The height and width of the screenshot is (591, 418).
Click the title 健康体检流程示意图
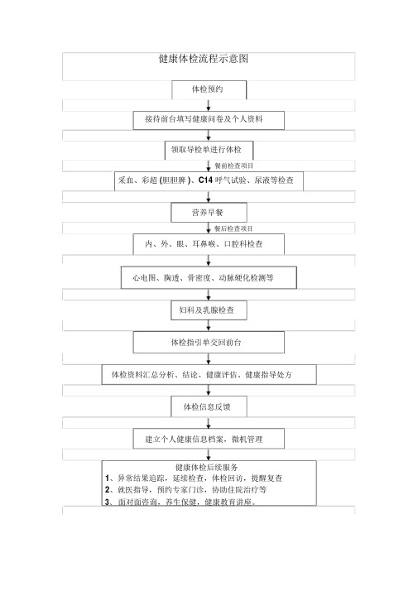coord(203,60)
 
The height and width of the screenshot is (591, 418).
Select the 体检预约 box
coord(208,89)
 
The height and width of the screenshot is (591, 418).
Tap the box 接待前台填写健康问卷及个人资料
coord(209,120)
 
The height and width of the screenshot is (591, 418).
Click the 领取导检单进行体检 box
coord(208,151)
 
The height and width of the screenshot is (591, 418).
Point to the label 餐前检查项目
coord(234,166)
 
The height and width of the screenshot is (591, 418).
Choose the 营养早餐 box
coord(208,213)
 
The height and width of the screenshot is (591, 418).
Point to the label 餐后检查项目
coord(233,228)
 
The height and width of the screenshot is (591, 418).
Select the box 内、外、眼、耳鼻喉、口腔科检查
coord(209,244)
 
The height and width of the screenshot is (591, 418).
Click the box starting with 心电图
coord(209,278)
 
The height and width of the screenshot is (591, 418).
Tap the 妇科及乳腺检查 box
coord(208,310)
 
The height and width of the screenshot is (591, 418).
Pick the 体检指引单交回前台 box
coord(209,342)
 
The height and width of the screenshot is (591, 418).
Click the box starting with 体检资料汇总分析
coord(209,375)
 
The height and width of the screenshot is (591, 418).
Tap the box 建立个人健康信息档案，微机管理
coord(209,438)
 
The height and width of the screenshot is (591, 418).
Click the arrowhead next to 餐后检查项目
coord(208,229)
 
